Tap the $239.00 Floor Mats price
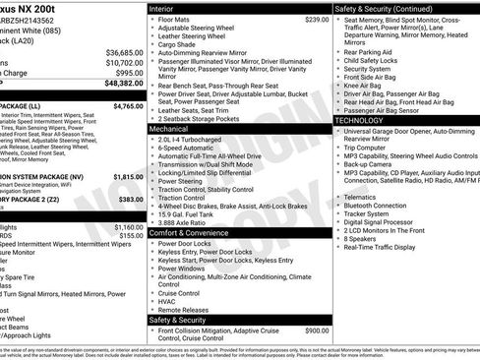(316, 19)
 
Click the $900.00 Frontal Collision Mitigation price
(317, 330)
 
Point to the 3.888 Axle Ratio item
(183, 222)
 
